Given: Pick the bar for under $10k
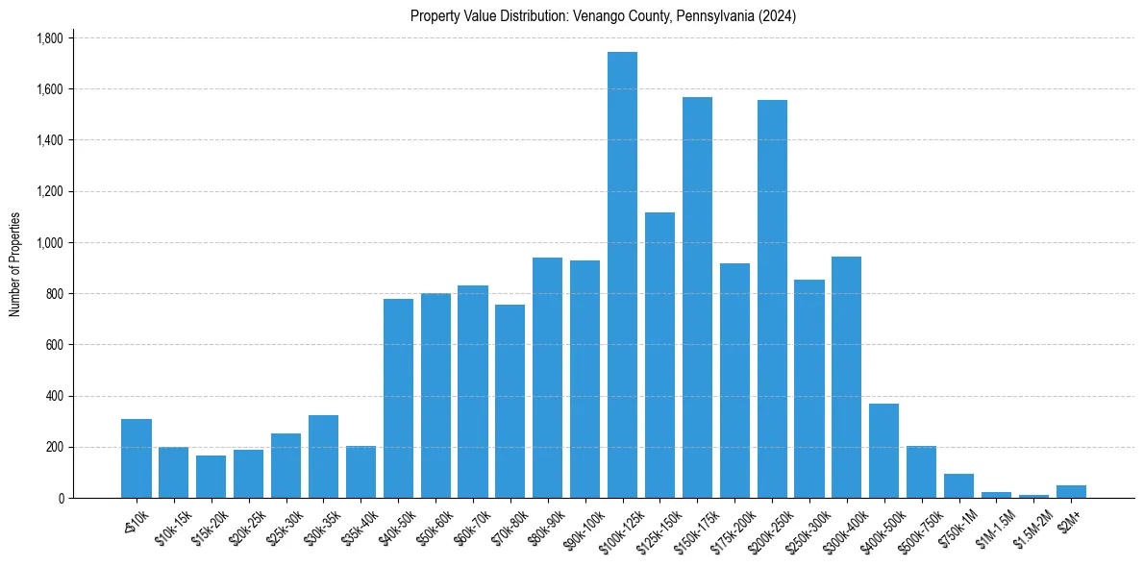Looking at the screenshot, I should pos(137,458).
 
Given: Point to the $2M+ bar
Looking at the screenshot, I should pos(1071,491).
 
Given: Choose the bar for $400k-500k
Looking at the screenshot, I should pos(883,451).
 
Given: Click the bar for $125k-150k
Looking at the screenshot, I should pos(659,356).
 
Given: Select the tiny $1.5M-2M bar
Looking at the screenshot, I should pos(1033,496).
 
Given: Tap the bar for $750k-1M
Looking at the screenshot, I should pos(958,486).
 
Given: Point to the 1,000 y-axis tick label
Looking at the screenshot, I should pos(49,243).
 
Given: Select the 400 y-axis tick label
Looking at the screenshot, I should pos(54,396).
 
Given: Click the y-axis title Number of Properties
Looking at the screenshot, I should pos(15,264).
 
